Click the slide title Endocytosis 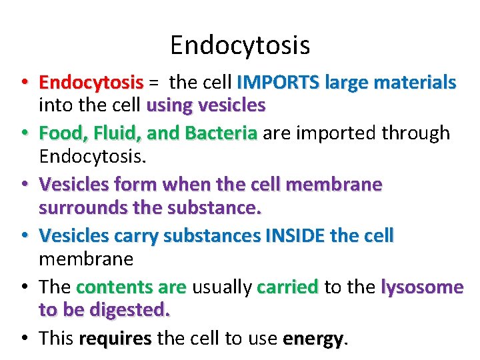(x=240, y=45)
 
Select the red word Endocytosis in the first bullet (x=91, y=83)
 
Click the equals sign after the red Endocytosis (x=153, y=83)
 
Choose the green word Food (x=56, y=133)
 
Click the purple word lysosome (x=422, y=287)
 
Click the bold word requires (x=115, y=339)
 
